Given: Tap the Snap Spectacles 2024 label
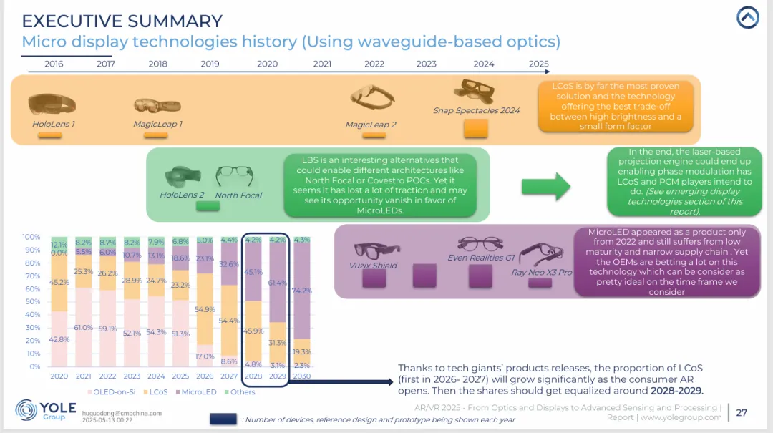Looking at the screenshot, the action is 476,110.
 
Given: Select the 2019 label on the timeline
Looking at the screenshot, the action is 210,64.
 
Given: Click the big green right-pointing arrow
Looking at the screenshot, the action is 545,187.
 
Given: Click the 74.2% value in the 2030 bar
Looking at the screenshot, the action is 302,291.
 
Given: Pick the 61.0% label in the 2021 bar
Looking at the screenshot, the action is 84,327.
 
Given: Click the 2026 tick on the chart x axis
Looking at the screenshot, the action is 205,376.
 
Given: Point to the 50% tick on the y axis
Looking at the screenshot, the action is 33,301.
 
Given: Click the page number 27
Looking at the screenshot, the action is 742,412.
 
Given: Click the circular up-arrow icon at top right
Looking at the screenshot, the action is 747,17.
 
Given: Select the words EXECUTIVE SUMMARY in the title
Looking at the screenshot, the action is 122,21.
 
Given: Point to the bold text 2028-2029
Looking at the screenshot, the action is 676,391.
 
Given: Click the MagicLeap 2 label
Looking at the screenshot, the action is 370,125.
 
